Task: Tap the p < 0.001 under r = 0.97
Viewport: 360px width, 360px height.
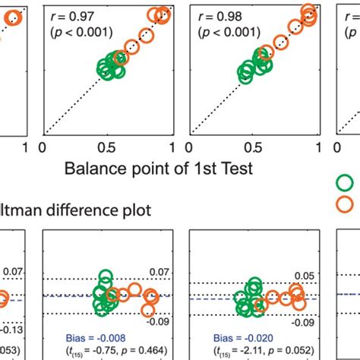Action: coord(81,33)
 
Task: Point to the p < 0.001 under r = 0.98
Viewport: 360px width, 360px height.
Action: coord(231,33)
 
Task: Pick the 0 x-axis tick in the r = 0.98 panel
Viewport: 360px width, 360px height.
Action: coord(191,147)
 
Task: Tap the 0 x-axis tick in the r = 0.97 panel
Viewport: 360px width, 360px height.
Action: coord(43,147)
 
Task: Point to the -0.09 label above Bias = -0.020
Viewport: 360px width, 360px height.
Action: coord(306,321)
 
